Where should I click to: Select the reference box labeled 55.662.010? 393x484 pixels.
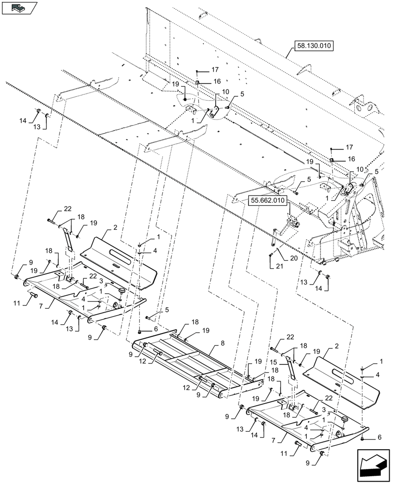[268, 199]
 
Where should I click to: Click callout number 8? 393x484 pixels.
[222, 343]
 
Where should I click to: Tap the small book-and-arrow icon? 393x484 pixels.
[19, 8]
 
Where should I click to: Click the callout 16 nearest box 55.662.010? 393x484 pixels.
[351, 158]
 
